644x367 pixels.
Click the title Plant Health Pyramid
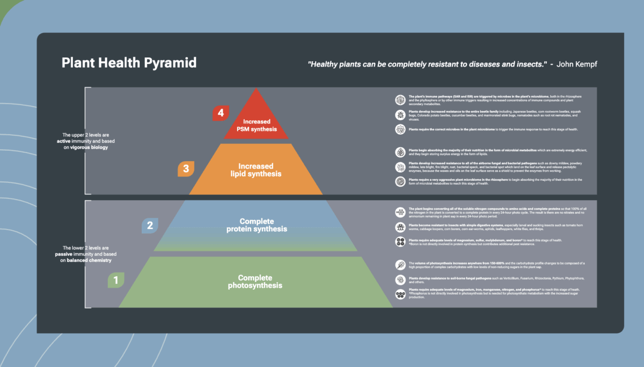(x=129, y=63)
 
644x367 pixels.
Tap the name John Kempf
(x=577, y=64)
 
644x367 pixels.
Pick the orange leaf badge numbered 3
(x=186, y=169)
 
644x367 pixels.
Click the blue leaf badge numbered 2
(x=150, y=226)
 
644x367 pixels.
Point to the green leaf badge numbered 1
(x=115, y=280)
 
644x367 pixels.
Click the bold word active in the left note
(x=64, y=141)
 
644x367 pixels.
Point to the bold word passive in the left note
(x=64, y=254)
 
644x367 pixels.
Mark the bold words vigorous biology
(x=89, y=147)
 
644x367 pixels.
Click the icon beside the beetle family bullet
(x=400, y=114)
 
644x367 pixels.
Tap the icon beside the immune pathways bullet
(x=400, y=99)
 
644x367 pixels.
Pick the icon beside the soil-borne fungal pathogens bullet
(x=400, y=280)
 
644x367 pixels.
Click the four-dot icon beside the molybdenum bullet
(x=400, y=241)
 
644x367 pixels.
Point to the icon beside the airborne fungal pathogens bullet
(x=400, y=166)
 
